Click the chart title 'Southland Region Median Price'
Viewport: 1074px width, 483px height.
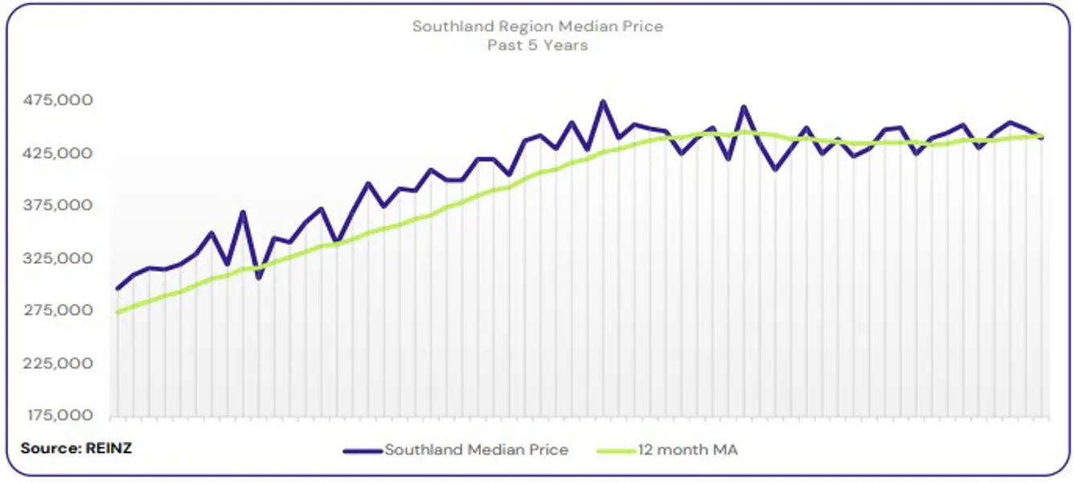[537, 27]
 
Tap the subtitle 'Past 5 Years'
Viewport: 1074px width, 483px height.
[537, 45]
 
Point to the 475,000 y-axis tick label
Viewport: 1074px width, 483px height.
[60, 101]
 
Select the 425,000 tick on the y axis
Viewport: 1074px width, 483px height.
[60, 153]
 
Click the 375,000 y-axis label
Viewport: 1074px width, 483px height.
[60, 205]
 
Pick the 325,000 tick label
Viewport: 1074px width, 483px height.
[60, 258]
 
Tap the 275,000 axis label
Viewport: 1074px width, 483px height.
[60, 311]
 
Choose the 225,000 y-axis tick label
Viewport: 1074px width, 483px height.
[60, 363]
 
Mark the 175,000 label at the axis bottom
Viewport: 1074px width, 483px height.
[60, 415]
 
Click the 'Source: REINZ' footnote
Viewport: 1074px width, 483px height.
[76, 448]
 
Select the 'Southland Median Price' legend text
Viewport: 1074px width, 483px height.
[476, 450]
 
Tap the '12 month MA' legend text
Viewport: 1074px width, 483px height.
[687, 450]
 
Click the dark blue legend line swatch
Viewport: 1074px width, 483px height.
[363, 451]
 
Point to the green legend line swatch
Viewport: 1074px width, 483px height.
[617, 451]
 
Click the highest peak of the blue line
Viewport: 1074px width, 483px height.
[603, 101]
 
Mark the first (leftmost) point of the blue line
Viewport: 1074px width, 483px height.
[118, 288]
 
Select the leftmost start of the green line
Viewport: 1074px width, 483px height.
[118, 312]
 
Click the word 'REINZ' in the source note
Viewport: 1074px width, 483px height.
[109, 448]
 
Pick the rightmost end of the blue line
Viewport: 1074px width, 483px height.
[1043, 138]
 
